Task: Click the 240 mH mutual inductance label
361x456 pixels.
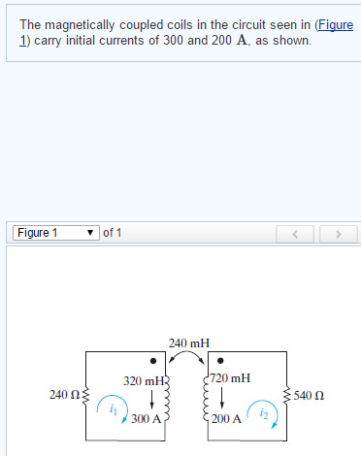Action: (188, 343)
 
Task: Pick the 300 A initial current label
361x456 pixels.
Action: (146, 419)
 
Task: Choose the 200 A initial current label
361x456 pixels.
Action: (229, 419)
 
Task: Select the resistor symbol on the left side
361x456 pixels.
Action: (87, 396)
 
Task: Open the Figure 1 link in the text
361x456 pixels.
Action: (330, 24)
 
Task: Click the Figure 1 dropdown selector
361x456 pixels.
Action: (55, 233)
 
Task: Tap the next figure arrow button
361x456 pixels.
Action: (338, 234)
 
